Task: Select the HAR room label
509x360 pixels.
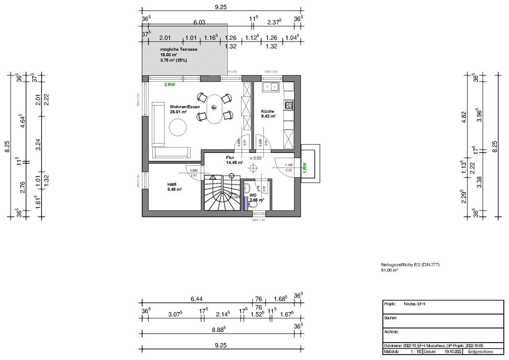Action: (x=172, y=184)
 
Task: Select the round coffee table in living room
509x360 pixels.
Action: (x=178, y=127)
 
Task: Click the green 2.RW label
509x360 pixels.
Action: (x=170, y=85)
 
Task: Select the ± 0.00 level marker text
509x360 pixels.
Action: (x=255, y=158)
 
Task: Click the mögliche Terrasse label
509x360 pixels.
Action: (x=179, y=50)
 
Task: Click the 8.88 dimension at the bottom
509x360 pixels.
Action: (x=218, y=329)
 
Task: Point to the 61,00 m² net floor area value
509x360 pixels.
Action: (x=389, y=270)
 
